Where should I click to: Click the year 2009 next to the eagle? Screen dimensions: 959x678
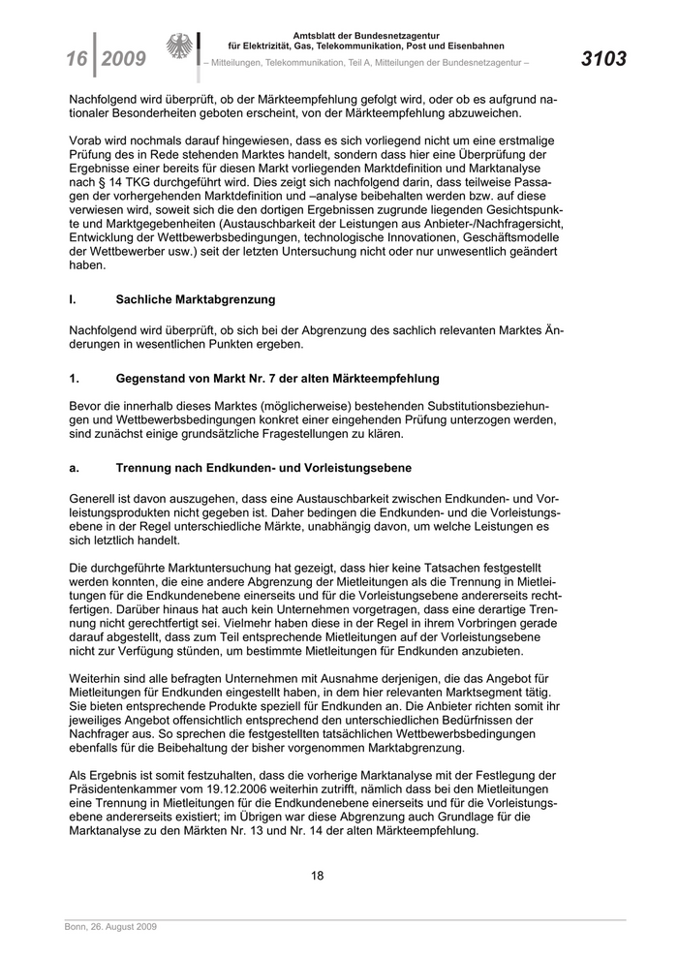[x=124, y=59]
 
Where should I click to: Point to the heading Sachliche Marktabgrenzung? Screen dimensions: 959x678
[x=196, y=300]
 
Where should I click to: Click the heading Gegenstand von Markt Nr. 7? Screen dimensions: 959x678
[x=277, y=378]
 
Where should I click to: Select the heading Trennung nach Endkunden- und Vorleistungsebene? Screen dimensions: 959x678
[x=264, y=469]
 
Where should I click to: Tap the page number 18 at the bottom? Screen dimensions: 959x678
[x=317, y=876]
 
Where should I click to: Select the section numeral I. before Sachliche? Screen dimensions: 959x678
[x=73, y=300]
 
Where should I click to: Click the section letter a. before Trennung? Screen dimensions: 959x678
[x=74, y=469]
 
